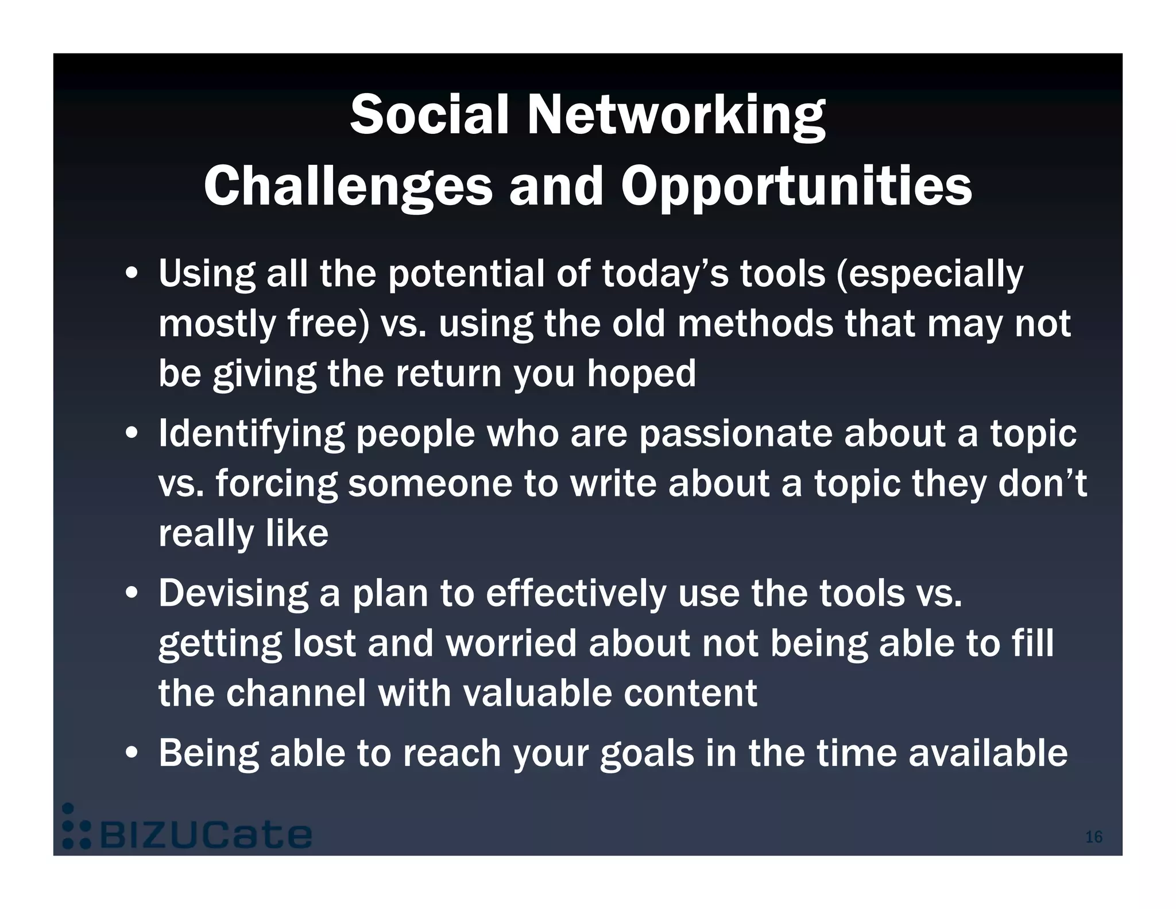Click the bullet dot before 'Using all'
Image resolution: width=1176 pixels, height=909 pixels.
coord(131,274)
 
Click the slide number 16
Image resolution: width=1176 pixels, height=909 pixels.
coord(1093,837)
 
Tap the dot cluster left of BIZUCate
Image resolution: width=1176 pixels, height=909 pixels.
coord(76,827)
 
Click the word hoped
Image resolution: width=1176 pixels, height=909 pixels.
coord(641,373)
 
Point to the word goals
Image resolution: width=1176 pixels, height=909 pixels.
coord(647,754)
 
